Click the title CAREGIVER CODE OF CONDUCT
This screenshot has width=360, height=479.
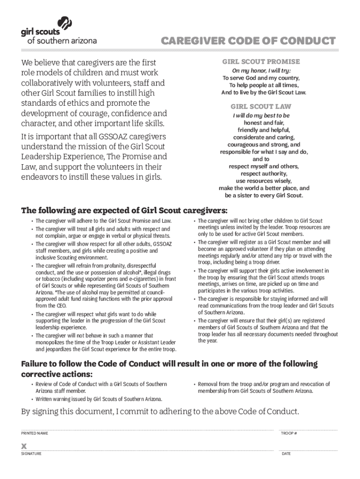(x=248, y=41)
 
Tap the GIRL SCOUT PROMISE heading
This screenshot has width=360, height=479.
(x=261, y=62)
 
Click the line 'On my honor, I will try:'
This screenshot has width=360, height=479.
(x=264, y=71)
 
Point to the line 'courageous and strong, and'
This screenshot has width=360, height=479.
(x=264, y=145)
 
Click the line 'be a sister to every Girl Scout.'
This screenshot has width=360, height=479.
(x=264, y=196)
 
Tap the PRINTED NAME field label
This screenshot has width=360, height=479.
(x=34, y=434)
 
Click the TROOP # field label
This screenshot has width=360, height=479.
(x=289, y=434)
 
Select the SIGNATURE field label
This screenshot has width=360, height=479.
(x=31, y=454)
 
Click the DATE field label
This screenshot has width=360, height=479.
(x=286, y=454)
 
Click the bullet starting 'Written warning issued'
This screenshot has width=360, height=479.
(x=99, y=399)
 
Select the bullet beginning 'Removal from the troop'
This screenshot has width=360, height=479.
(x=264, y=387)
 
